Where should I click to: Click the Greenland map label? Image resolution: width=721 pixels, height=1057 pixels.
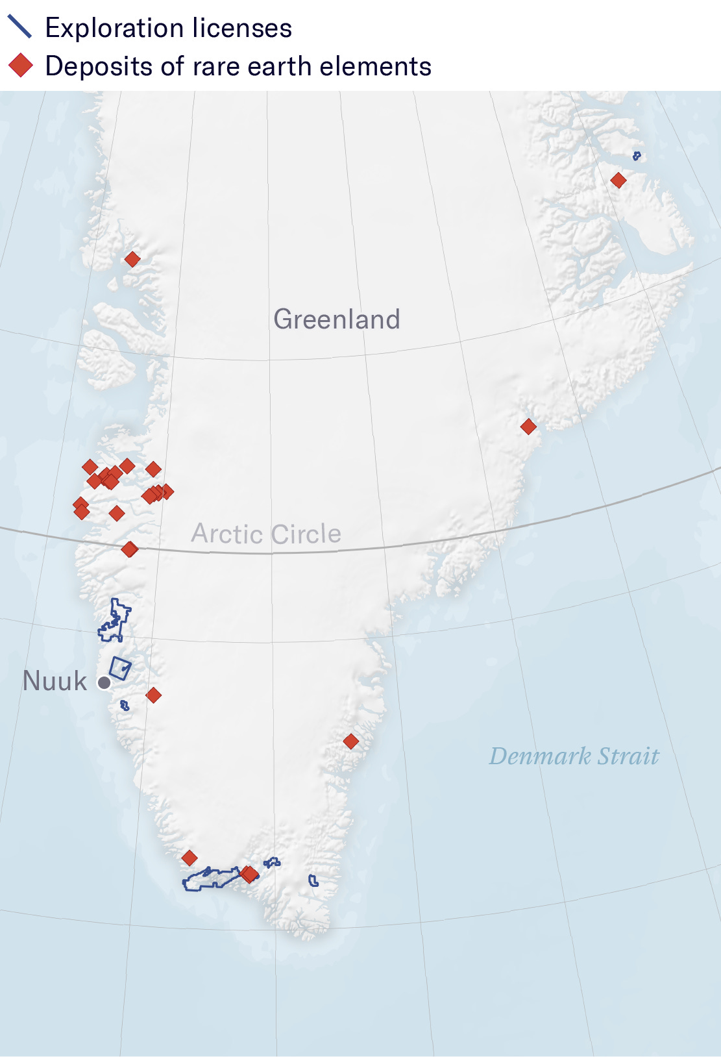coord(336,319)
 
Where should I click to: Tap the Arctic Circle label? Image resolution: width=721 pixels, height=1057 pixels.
coord(266,534)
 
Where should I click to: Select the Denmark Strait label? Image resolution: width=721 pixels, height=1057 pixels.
coord(574,756)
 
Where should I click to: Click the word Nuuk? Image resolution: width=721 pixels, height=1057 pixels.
coord(55,681)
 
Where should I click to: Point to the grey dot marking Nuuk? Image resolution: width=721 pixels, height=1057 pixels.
coord(104,683)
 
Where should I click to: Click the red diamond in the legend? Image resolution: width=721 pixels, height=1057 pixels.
coord(21,66)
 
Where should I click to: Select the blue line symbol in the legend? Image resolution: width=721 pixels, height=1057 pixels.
coord(19,27)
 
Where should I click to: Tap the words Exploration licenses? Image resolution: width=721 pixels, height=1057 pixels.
coord(169,28)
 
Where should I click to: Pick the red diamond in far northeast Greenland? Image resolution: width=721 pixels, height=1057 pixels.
coord(618,180)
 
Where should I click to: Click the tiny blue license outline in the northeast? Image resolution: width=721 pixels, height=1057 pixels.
coord(637,156)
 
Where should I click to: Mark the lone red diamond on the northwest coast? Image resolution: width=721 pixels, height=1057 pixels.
coord(132,260)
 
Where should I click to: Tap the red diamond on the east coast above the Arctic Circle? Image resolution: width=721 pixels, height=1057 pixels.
coord(528,427)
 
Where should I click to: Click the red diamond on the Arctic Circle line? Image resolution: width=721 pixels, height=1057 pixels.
coord(130,549)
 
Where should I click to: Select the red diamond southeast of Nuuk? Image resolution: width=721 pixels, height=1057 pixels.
coord(153,695)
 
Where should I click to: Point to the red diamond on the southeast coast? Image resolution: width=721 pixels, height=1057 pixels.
coord(351,741)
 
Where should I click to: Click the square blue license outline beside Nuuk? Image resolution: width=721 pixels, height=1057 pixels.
coord(120,668)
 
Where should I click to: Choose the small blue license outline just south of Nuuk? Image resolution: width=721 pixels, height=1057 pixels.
coord(125,705)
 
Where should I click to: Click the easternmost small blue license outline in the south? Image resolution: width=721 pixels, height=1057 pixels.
coord(313,881)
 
